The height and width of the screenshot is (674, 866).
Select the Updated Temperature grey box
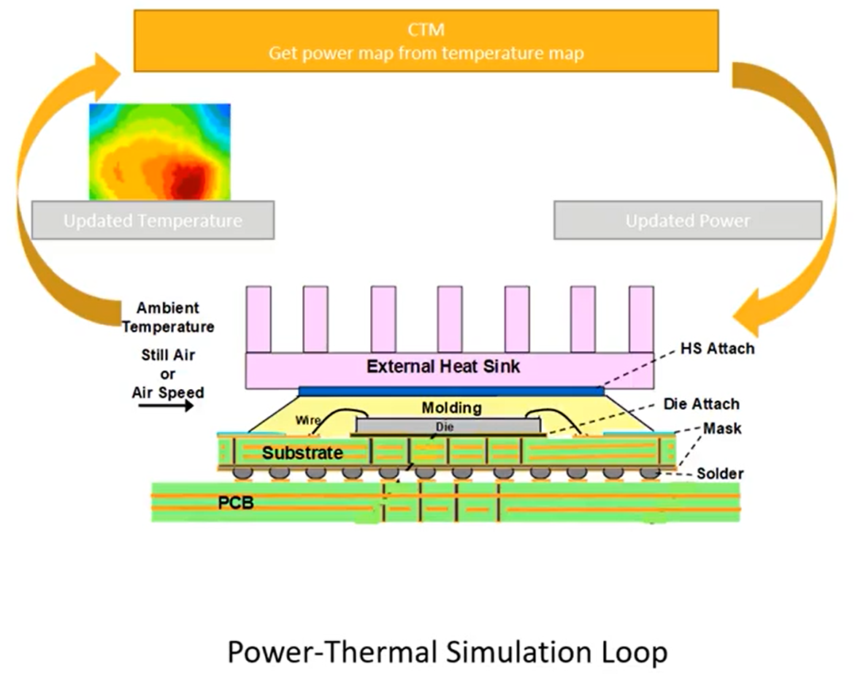153,220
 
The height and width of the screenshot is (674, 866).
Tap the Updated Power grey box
688,220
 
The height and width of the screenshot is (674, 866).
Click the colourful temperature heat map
160,151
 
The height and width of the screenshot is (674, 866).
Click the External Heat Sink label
443,366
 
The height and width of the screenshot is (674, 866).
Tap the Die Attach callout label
701,404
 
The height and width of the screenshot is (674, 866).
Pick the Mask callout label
722,429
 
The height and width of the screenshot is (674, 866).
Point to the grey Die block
448,425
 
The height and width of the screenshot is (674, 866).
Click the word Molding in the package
451,407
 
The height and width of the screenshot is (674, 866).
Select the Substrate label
302,453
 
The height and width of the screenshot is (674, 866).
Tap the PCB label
235,502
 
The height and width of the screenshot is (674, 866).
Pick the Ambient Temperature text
168,318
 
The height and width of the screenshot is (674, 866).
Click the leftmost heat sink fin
258,318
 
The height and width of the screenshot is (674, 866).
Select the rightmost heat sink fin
640,318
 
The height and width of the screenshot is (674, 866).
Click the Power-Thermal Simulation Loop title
448,651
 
